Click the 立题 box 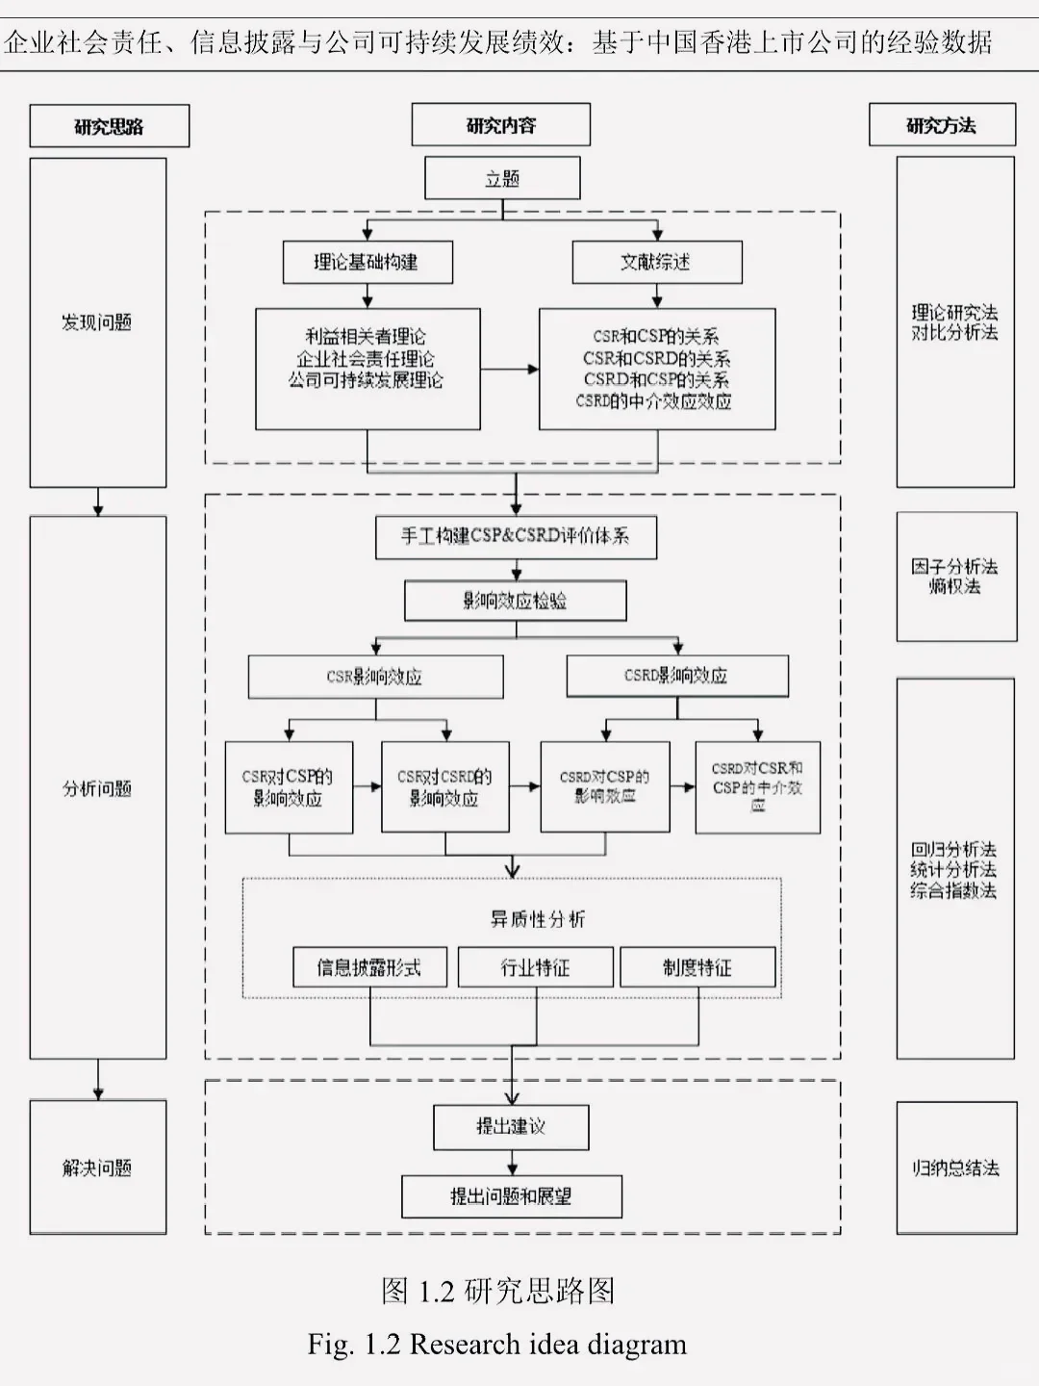coord(502,179)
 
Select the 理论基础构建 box coord(367,262)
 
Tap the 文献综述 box coord(657,262)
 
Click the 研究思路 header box coord(109,126)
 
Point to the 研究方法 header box coord(942,125)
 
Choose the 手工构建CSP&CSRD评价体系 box coord(516,536)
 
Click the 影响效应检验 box coord(516,601)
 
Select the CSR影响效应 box coord(375,677)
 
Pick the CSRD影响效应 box coord(676,676)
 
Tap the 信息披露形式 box coord(369,967)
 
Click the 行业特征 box coord(535,967)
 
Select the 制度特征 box coord(697,967)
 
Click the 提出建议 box coord(511,1126)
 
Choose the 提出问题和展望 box coord(511,1196)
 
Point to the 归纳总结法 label coord(955,1168)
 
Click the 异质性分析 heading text coord(537,919)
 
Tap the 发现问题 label coord(97,322)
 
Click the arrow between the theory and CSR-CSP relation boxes coord(510,369)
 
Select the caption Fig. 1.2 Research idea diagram coord(497,1344)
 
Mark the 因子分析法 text coord(954,566)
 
